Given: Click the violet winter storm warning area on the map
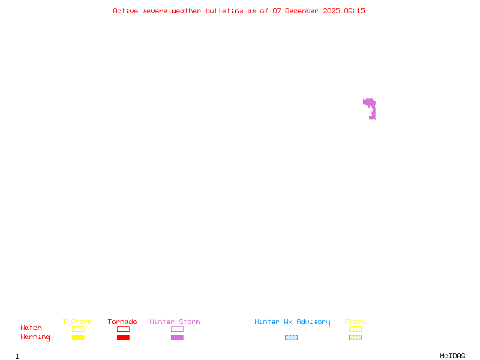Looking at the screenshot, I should click(372, 109).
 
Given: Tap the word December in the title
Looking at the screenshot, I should click(304, 11).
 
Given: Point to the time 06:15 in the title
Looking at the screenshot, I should click(355, 11).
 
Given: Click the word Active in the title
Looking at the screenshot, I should click(126, 11).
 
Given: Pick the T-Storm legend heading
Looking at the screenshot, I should click(77, 322).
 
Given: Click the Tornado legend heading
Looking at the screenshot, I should click(122, 322).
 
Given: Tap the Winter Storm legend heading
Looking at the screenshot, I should click(175, 322).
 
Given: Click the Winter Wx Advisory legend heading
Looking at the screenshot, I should click(292, 322).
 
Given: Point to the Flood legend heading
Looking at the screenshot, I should click(355, 322).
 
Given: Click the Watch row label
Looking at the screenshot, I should click(31, 328).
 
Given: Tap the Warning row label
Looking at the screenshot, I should click(35, 337).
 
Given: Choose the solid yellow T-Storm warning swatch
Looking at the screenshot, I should click(78, 338).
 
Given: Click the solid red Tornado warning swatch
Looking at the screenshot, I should click(123, 338).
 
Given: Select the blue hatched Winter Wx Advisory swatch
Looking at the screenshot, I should click(291, 338).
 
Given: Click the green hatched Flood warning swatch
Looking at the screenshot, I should click(355, 338).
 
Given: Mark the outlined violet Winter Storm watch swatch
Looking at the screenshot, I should click(177, 329).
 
